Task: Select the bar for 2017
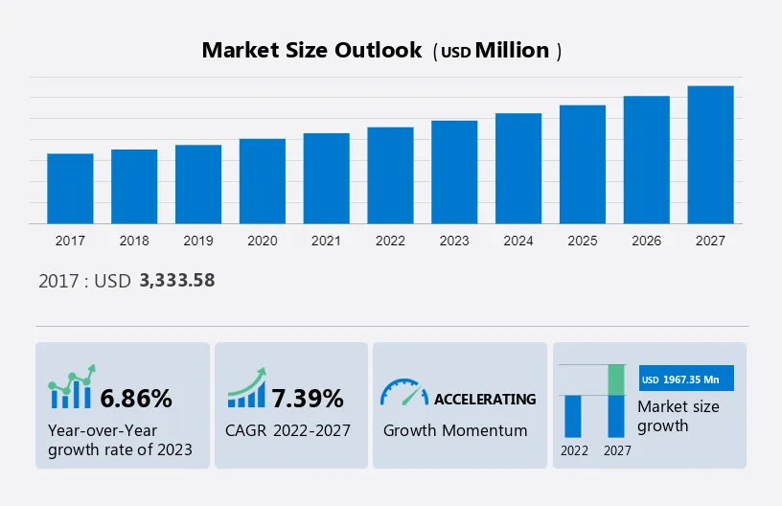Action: click(70, 189)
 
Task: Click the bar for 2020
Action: click(263, 181)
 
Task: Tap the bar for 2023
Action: click(454, 172)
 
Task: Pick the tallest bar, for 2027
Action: click(710, 155)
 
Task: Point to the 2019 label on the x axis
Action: click(198, 241)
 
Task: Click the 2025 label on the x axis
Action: click(583, 241)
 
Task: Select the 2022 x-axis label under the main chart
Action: click(390, 241)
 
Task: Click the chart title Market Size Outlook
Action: click(311, 51)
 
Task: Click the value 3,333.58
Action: click(177, 281)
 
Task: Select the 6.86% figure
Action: click(136, 398)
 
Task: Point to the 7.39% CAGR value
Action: click(307, 398)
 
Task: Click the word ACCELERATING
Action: click(485, 399)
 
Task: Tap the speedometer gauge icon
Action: click(403, 392)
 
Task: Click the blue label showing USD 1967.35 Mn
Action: click(685, 379)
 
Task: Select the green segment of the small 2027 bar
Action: click(617, 379)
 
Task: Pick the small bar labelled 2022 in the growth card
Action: click(573, 416)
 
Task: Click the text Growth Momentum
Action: click(455, 430)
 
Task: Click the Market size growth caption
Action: click(678, 416)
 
